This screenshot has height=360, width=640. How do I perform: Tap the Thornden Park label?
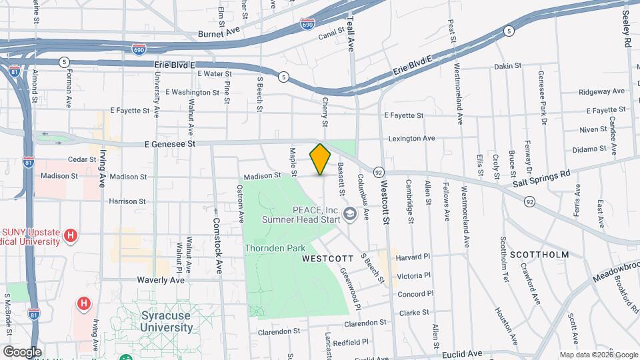275,248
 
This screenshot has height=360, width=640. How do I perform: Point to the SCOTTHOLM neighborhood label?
539,255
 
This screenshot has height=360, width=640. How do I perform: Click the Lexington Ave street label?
412,139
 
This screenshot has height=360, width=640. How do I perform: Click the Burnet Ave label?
218,33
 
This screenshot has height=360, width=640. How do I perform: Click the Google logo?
22,351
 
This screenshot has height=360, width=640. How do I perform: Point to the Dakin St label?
507,67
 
